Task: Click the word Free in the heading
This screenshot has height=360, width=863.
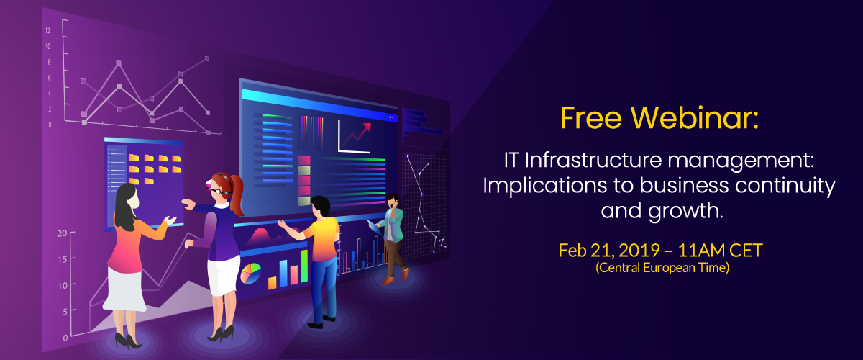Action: [x=591, y=117]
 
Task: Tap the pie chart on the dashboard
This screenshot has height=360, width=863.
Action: [x=250, y=273]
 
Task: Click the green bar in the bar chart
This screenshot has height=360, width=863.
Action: [x=304, y=266]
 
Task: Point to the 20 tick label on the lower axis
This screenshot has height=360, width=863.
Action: [x=62, y=233]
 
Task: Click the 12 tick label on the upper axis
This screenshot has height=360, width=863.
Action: [x=47, y=30]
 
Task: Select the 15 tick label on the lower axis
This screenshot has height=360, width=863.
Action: [x=63, y=259]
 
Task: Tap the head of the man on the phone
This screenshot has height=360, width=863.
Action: [x=393, y=201]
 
